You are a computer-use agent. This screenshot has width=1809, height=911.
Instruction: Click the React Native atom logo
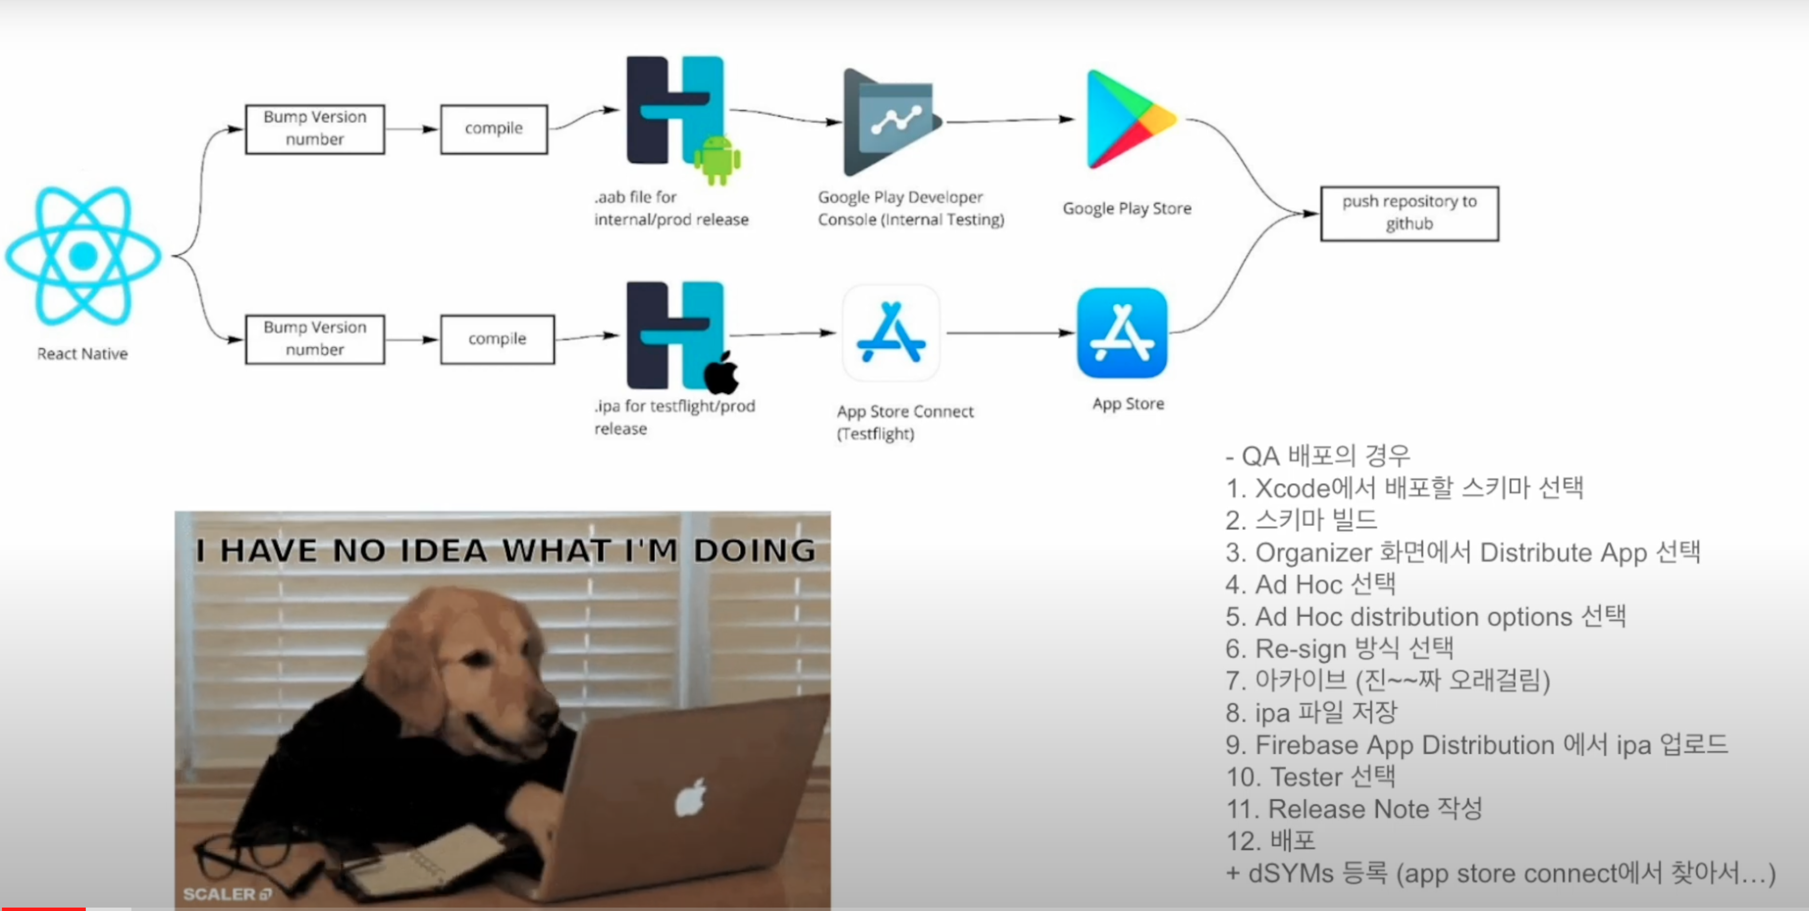pyautogui.click(x=83, y=255)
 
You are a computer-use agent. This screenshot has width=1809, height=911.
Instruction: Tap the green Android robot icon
pyautogui.click(x=717, y=160)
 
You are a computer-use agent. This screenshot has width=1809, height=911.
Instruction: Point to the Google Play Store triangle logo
pyautogui.click(x=1128, y=119)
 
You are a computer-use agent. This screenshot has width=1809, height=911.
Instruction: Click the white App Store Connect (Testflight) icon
pyautogui.click(x=890, y=332)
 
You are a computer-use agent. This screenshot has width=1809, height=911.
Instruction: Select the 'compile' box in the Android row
pyautogui.click(x=494, y=128)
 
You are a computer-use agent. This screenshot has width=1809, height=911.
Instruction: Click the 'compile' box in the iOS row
pyautogui.click(x=497, y=339)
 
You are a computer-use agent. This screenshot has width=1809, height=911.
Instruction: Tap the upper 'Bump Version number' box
pyautogui.click(x=315, y=128)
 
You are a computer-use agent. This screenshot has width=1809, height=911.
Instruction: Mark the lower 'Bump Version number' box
pyautogui.click(x=315, y=339)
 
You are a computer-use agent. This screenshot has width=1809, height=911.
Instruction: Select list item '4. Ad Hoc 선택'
pyautogui.click(x=1310, y=584)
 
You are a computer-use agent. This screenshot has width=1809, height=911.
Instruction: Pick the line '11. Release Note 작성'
pyautogui.click(x=1354, y=809)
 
